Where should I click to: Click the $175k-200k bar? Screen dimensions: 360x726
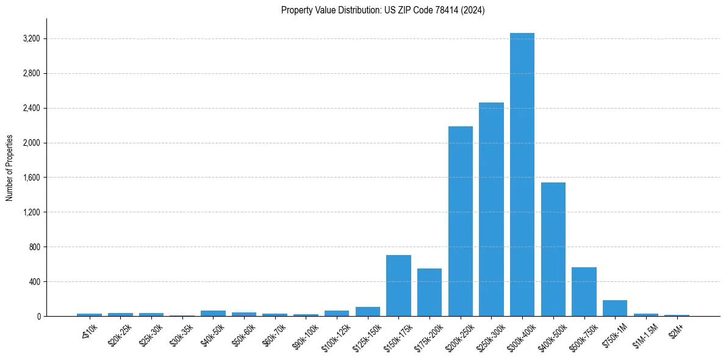pos(429,292)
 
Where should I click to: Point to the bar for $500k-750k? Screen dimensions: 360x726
pos(584,292)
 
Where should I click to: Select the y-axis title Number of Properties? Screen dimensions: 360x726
pos(9,168)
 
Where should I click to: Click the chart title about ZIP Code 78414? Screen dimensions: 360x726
pos(383,10)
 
